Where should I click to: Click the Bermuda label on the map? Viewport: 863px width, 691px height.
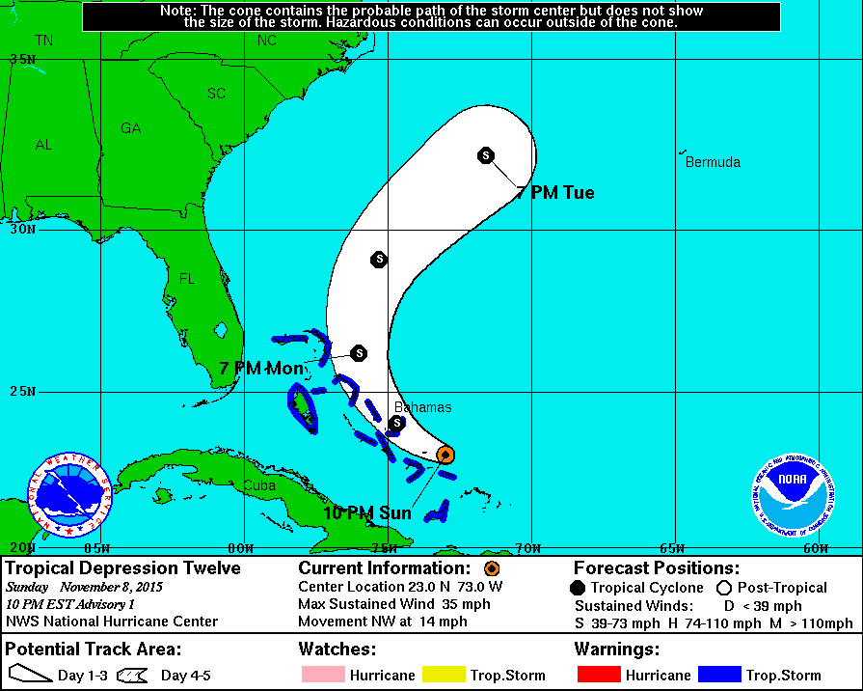pyautogui.click(x=713, y=162)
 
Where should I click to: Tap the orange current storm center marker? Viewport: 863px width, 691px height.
pyautogui.click(x=445, y=454)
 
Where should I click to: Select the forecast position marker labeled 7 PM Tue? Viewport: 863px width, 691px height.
pyautogui.click(x=486, y=154)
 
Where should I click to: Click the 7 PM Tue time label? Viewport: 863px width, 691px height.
pyautogui.click(x=554, y=193)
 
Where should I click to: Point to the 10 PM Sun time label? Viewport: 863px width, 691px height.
pyautogui.click(x=367, y=513)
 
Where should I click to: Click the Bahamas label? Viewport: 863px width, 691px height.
pyautogui.click(x=422, y=407)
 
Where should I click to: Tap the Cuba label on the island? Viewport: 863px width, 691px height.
pyautogui.click(x=259, y=485)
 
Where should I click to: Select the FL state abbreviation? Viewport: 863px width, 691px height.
pyautogui.click(x=187, y=279)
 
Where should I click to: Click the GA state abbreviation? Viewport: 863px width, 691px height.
pyautogui.click(x=130, y=128)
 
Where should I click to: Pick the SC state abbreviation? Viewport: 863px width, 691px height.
pyautogui.click(x=217, y=94)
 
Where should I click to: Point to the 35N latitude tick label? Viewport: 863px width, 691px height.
pyautogui.click(x=21, y=59)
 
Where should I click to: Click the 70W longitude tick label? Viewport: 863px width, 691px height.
pyautogui.click(x=526, y=548)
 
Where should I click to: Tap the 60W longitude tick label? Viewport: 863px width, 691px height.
pyautogui.click(x=815, y=548)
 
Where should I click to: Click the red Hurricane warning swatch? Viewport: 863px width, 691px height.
pyautogui.click(x=599, y=676)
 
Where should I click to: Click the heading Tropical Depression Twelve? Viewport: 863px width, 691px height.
pyautogui.click(x=123, y=568)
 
